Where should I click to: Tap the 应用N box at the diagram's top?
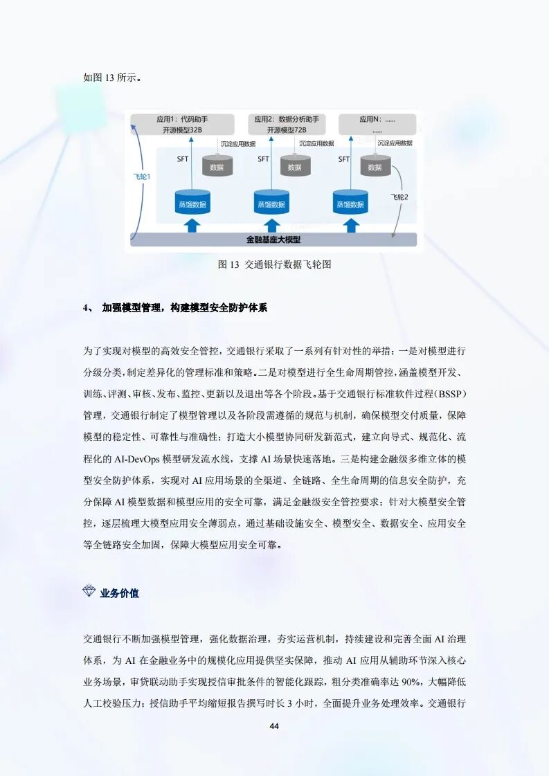(377, 125)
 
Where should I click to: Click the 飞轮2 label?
(400, 197)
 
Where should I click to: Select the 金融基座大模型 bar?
(273, 240)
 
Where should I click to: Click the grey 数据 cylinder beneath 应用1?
(217, 167)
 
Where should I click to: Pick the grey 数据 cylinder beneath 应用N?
(375, 167)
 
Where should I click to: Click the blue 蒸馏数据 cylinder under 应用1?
(193, 204)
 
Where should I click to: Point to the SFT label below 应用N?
(344, 159)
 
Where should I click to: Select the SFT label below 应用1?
(182, 159)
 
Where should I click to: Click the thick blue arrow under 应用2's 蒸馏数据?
(271, 225)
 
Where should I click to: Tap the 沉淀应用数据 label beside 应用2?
(316, 143)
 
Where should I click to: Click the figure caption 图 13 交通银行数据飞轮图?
(274, 264)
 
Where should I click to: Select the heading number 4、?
(88, 307)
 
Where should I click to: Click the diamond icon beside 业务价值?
(89, 592)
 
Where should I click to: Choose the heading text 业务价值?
(120, 593)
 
